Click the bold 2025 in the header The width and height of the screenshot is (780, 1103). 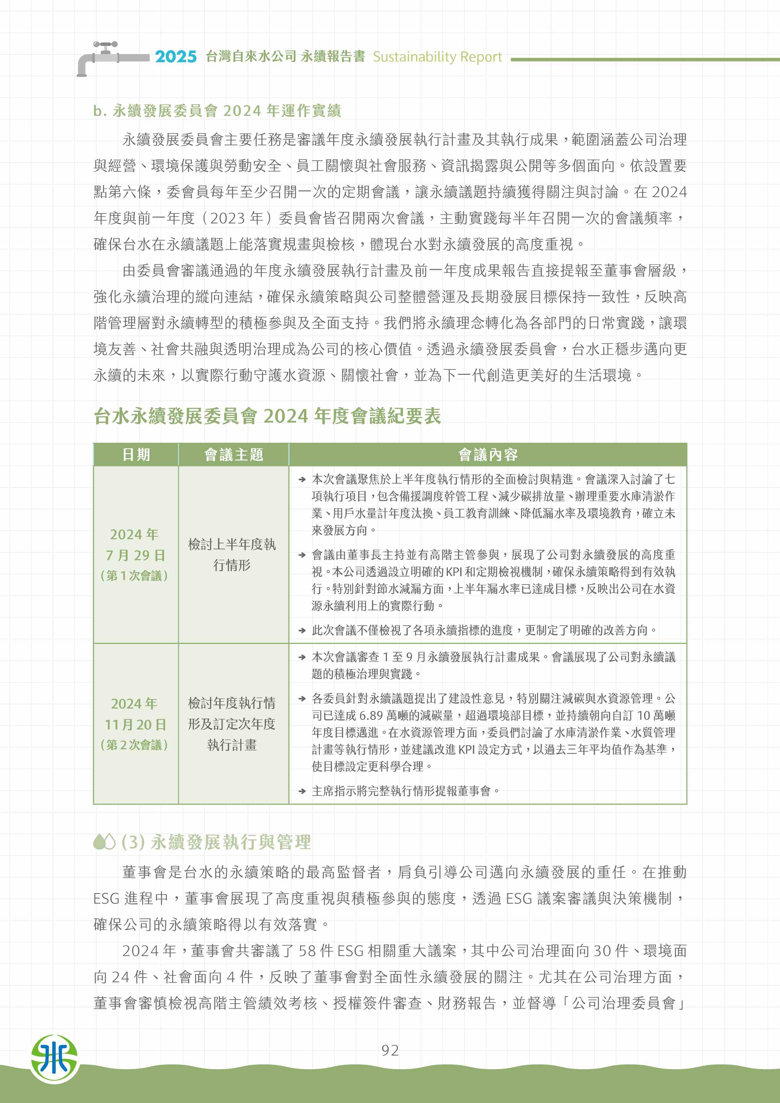pos(176,57)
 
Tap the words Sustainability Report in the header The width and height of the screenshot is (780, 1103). pos(437,57)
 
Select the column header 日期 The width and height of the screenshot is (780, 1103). pos(136,454)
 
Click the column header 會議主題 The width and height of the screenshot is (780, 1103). pos(233,454)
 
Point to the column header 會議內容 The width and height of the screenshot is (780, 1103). pos(488,454)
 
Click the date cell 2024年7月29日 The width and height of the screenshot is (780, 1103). pos(135,545)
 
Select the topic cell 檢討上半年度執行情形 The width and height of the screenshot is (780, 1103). pos(232,554)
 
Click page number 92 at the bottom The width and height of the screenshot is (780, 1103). pos(390,1050)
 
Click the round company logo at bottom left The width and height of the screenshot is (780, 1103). pos(54,1058)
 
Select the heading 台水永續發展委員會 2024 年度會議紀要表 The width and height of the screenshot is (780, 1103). pos(267,416)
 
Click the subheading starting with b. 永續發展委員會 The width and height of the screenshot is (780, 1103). pos(217,111)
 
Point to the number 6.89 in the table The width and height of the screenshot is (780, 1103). pos(371,715)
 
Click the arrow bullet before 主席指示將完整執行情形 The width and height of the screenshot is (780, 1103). pos(302,791)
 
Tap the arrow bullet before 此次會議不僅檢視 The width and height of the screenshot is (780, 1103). pos(302,630)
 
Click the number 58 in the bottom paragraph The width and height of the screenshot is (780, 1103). pos(307,951)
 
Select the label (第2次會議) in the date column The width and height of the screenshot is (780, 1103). pos(135,745)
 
